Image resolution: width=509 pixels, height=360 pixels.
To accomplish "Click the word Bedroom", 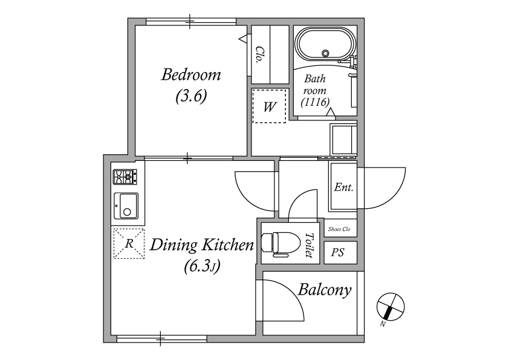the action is [191, 74].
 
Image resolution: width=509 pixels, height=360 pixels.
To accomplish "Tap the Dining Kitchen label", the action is [201, 244].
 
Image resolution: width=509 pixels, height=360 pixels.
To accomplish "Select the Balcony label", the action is [325, 290].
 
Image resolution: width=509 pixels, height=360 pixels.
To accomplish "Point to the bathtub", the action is [326, 45].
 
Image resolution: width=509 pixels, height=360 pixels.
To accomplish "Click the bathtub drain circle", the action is [325, 53].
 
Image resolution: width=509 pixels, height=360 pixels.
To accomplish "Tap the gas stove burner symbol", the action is [125, 177].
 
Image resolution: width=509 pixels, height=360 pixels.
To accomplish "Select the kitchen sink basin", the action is [126, 206].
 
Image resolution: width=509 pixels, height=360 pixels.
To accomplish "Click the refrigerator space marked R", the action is [129, 244].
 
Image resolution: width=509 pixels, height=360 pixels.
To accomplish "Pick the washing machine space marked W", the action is [270, 106].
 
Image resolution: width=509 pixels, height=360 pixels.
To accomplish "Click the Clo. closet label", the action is [259, 54].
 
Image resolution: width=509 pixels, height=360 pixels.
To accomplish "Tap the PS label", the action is [337, 252].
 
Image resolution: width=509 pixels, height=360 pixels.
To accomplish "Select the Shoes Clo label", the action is [339, 229].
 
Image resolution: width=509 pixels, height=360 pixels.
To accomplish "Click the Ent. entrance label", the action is [343, 187].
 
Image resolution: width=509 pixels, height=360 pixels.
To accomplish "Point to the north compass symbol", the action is [391, 306].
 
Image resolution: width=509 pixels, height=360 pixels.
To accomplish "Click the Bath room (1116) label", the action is [315, 91].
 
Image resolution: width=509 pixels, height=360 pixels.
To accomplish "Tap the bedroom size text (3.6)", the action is [191, 96].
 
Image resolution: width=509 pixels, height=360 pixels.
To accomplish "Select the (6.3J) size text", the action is [202, 266].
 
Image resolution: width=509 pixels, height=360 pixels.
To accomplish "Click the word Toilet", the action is [310, 245].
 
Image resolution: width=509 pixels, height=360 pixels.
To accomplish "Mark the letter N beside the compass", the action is [383, 324].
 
